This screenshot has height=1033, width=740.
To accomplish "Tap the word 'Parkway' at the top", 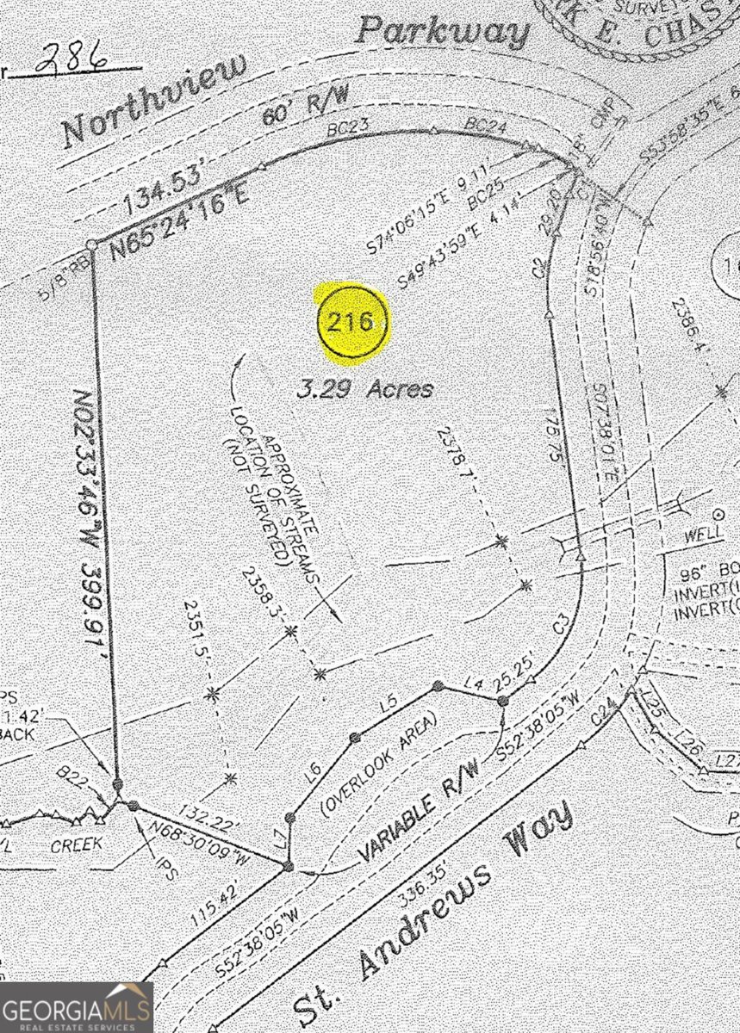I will [x=443, y=32].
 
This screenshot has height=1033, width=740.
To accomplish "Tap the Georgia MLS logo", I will [x=77, y=1007].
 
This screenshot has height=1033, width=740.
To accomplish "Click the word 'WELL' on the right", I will [x=702, y=535].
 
